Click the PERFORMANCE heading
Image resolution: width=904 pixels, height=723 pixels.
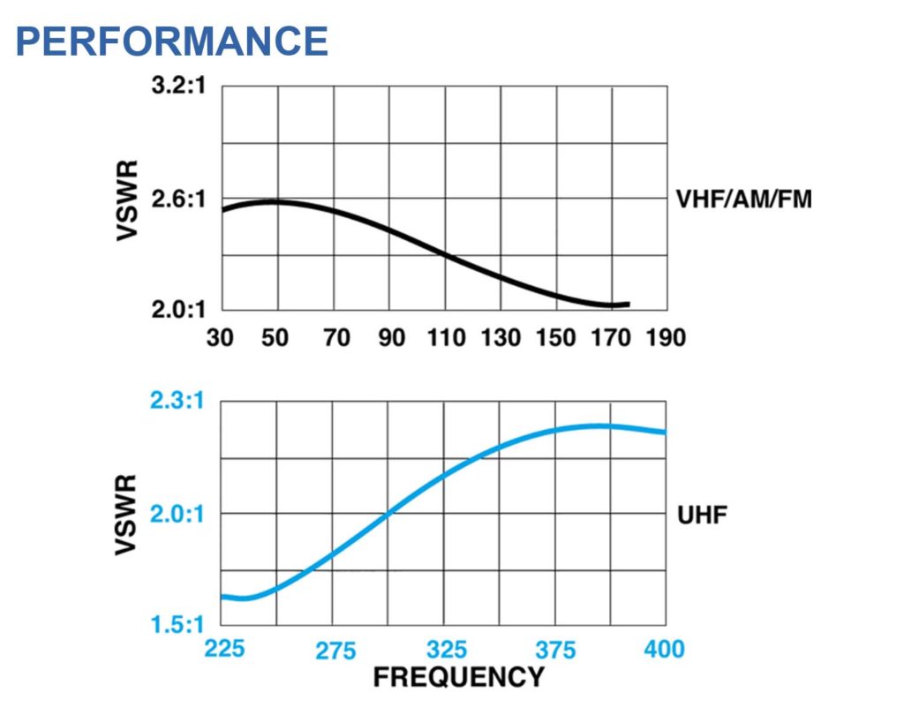[x=172, y=41]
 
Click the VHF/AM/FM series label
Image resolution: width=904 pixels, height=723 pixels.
[x=743, y=200]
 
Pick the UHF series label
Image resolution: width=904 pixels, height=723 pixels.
[x=702, y=515]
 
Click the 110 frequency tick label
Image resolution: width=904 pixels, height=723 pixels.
[x=445, y=337]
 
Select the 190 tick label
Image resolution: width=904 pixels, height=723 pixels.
[x=665, y=337]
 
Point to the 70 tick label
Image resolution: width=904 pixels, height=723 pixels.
[x=336, y=337]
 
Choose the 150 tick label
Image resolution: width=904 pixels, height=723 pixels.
[x=556, y=337]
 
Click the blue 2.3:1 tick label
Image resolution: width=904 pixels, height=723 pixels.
[x=177, y=402]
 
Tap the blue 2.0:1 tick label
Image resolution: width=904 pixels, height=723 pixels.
[x=177, y=514]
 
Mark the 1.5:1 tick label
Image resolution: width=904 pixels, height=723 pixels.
[x=177, y=625]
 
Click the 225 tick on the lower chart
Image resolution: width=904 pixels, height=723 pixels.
[x=224, y=650]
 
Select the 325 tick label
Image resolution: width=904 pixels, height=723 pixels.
[x=447, y=651]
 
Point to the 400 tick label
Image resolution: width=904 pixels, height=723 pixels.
[x=664, y=650]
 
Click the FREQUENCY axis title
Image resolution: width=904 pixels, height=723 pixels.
[x=458, y=677]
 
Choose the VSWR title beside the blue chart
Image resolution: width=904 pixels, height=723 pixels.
[x=128, y=514]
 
